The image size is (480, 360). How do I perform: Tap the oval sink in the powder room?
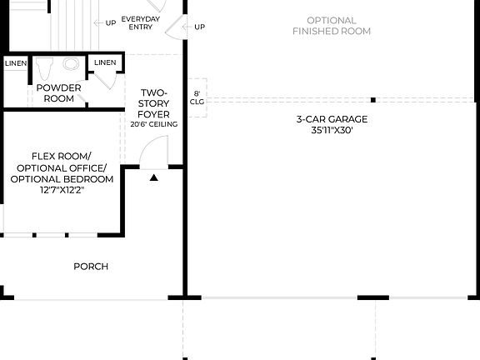click(x=72, y=64)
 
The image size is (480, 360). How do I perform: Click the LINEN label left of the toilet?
click(x=15, y=63)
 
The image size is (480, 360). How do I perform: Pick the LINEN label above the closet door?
click(x=105, y=62)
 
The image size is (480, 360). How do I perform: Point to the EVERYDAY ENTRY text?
click(x=141, y=22)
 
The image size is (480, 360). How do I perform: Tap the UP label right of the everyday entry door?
click(x=199, y=27)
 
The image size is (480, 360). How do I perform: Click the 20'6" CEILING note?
click(x=153, y=124)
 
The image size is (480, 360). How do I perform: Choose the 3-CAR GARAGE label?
click(x=332, y=119)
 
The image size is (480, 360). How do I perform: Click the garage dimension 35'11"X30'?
click(x=332, y=130)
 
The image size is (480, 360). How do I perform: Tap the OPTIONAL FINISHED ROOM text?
click(x=332, y=26)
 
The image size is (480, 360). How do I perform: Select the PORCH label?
click(x=91, y=267)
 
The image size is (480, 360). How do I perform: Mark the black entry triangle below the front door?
click(x=153, y=177)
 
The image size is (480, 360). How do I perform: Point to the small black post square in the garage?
click(x=373, y=100)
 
